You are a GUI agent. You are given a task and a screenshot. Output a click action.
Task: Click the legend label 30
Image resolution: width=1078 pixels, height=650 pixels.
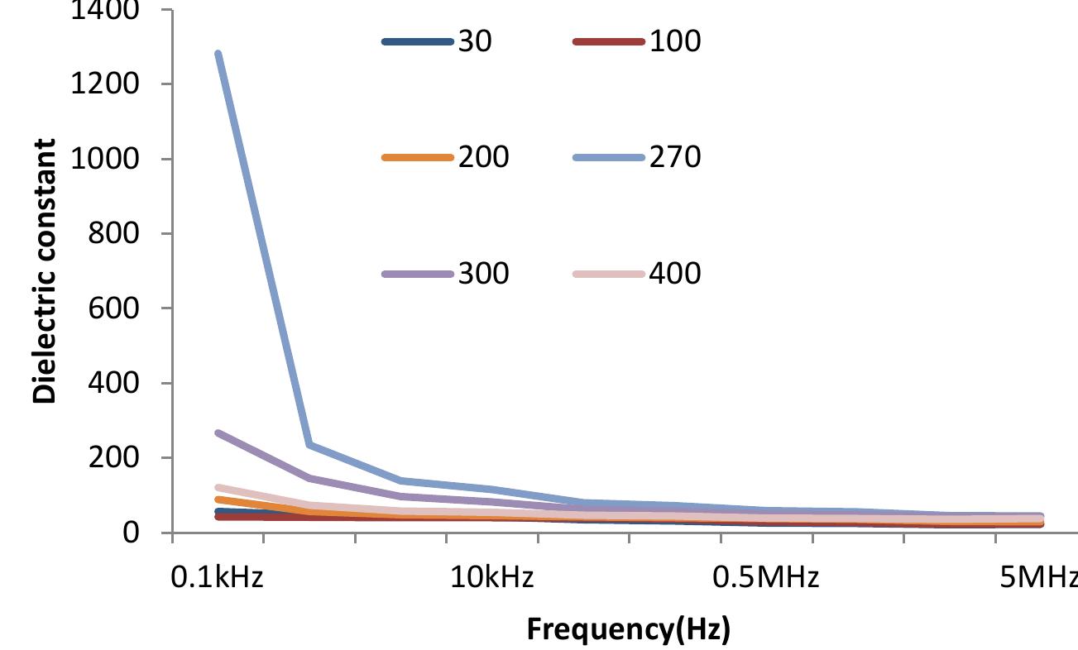click(475, 41)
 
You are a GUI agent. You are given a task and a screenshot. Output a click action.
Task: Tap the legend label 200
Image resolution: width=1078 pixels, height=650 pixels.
click(484, 157)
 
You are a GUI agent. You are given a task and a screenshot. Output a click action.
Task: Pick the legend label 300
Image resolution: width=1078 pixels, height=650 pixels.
click(484, 273)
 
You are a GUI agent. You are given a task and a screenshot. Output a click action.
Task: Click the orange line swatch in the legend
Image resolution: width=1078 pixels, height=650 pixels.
click(418, 157)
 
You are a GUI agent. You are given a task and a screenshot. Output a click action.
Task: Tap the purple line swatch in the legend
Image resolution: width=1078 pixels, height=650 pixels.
click(418, 273)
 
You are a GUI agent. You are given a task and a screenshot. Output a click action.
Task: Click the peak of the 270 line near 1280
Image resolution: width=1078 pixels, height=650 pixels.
click(218, 54)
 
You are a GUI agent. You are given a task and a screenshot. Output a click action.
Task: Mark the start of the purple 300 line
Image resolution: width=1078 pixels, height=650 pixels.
click(218, 433)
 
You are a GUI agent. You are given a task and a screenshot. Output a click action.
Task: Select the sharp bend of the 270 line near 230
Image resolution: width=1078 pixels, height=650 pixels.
click(309, 445)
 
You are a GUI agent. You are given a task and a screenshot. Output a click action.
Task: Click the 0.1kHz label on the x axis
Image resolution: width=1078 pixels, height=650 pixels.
click(217, 577)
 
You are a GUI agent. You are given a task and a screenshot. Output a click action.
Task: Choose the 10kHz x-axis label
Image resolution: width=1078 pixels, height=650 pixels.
click(491, 577)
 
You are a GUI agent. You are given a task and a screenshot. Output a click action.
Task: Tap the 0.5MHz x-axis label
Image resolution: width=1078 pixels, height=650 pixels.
click(766, 577)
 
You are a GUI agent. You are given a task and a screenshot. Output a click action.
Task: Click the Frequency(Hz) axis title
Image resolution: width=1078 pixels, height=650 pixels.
click(629, 630)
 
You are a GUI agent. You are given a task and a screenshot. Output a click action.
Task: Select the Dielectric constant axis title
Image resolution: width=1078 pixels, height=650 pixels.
click(45, 270)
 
